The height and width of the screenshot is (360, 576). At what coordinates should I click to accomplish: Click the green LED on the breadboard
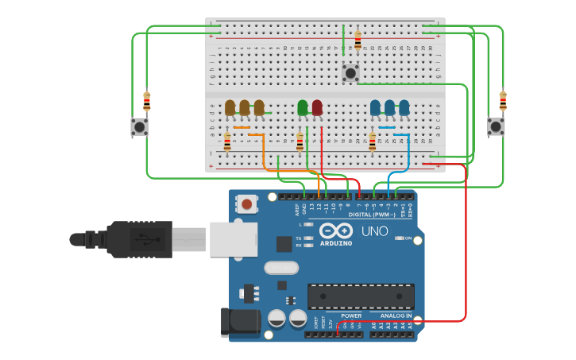click(302, 107)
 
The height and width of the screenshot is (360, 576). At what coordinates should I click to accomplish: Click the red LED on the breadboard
click(317, 107)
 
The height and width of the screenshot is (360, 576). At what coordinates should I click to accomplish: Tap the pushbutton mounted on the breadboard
click(350, 74)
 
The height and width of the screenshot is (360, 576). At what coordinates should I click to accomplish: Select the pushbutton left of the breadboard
click(139, 126)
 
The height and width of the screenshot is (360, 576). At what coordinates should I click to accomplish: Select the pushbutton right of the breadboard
click(495, 126)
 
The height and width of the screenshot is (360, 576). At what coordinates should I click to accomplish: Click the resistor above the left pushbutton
click(146, 101)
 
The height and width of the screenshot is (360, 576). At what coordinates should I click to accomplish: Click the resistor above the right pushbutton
click(502, 101)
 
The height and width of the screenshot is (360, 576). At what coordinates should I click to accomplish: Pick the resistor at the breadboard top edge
click(358, 40)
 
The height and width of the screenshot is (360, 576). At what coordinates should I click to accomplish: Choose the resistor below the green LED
click(300, 141)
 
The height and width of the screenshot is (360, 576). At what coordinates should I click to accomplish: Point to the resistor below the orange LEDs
click(227, 141)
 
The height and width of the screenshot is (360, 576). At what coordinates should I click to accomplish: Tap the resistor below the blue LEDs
click(372, 141)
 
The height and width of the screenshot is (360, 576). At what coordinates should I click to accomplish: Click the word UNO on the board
click(374, 231)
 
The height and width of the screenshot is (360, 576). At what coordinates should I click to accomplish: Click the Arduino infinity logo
click(335, 231)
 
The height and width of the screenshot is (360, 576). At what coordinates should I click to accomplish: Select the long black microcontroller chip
click(361, 296)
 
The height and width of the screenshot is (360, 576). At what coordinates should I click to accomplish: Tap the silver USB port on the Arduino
click(234, 239)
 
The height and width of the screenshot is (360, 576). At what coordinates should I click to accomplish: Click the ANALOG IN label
click(389, 315)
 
